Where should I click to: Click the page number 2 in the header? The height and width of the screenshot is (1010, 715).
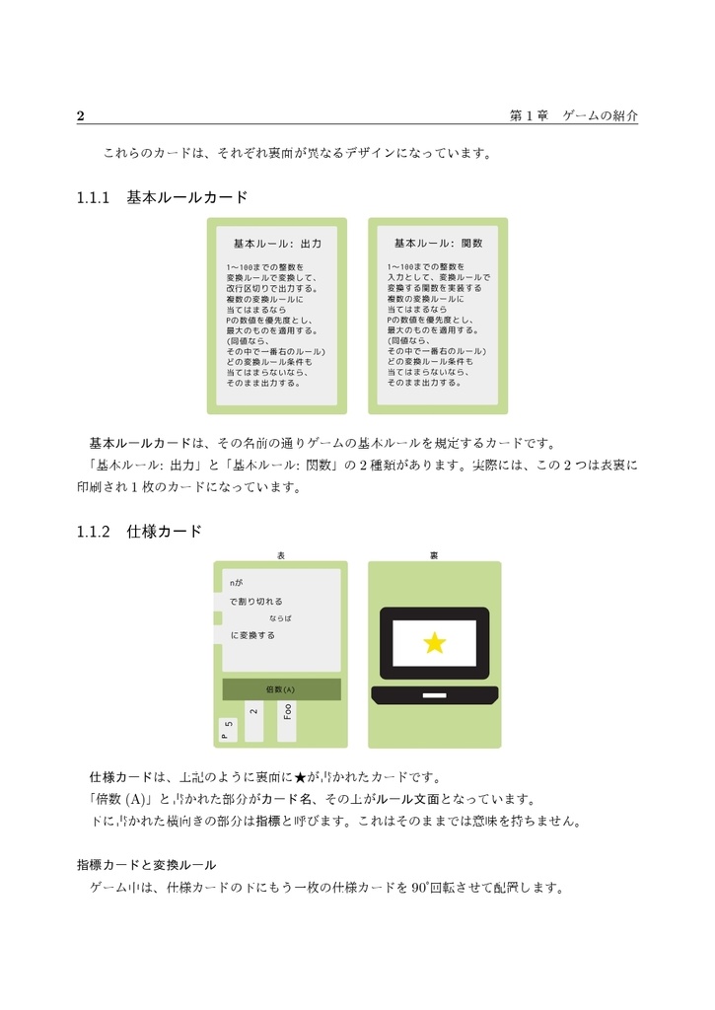[81, 116]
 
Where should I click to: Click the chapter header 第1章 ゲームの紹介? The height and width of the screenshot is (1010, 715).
[573, 116]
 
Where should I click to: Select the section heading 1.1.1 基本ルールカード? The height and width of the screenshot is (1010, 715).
[162, 197]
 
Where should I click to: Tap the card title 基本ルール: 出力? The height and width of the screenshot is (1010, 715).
[277, 243]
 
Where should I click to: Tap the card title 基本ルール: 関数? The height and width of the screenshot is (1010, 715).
[438, 243]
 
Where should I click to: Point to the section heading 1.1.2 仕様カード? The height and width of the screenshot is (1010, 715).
[139, 532]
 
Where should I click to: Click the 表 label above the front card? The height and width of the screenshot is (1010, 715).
[281, 556]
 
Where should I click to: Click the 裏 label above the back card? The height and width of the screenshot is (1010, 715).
[434, 556]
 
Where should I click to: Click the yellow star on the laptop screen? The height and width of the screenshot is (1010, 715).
[434, 644]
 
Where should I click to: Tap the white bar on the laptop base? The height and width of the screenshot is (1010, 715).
[434, 697]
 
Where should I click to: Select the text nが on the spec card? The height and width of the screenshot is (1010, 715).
[236, 583]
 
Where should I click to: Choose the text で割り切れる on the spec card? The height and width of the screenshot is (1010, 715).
[255, 601]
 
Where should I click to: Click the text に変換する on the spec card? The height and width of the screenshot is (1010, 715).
[252, 635]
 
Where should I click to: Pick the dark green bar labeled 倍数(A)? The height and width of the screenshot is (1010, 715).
[281, 688]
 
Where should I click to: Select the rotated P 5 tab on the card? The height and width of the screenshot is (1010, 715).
[227, 730]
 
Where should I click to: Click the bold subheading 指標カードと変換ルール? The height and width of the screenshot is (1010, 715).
[146, 865]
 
